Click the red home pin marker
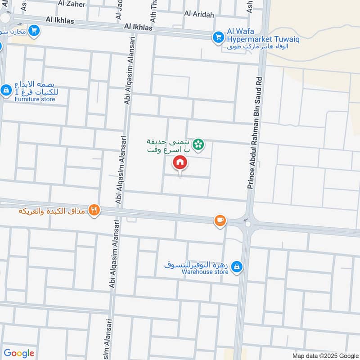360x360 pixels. [180, 162]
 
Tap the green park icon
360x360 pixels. [197, 144]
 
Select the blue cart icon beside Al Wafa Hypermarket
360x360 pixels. [218, 37]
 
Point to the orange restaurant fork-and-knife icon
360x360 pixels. [94, 210]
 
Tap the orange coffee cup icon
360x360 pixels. [220, 220]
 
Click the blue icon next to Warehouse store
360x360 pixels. [237, 268]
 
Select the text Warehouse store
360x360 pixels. [205, 272]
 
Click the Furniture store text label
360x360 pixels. [35, 99]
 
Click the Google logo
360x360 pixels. [19, 353]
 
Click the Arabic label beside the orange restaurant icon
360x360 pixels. [53, 211]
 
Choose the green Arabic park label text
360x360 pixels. [168, 145]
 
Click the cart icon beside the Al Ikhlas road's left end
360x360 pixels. [34, 31]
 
